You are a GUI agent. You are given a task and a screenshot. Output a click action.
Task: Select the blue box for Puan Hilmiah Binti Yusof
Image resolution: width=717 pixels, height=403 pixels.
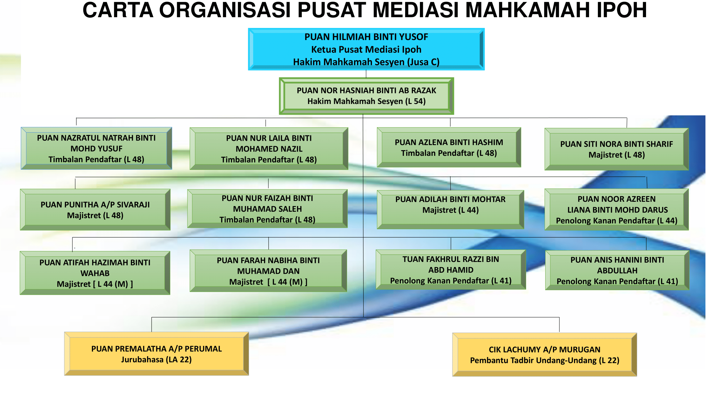(x=366, y=49)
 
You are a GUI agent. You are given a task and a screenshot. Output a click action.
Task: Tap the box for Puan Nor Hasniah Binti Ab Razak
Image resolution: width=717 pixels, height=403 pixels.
(x=366, y=96)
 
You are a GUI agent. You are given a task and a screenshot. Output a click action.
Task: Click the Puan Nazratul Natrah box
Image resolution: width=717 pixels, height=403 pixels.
(x=96, y=149)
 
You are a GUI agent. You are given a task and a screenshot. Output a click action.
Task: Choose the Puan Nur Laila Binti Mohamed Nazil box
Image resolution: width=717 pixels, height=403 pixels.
(x=269, y=149)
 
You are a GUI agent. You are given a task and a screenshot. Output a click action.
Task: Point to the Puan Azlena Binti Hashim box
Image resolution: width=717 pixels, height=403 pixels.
(x=449, y=147)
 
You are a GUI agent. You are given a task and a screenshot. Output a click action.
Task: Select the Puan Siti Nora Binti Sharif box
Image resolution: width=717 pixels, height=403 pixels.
(x=616, y=149)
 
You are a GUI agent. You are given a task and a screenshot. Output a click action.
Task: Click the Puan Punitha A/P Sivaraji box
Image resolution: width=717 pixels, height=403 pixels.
(x=95, y=210)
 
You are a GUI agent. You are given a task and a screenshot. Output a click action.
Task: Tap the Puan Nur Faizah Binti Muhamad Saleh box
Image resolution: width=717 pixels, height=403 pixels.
(x=267, y=209)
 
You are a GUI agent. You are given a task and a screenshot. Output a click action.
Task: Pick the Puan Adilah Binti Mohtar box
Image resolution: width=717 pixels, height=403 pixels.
(x=450, y=210)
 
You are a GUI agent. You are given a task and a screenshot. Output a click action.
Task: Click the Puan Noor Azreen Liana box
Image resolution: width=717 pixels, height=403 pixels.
(x=616, y=210)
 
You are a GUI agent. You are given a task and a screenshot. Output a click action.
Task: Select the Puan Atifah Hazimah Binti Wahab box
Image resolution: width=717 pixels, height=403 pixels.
(x=95, y=273)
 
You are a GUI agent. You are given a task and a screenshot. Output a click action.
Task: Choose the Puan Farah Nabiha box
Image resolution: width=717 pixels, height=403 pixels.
(x=268, y=271)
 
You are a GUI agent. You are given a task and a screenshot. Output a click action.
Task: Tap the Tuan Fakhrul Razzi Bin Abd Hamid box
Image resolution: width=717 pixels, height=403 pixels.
(x=451, y=270)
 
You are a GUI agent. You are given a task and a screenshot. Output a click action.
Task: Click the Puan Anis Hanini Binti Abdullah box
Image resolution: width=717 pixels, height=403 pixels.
(x=617, y=270)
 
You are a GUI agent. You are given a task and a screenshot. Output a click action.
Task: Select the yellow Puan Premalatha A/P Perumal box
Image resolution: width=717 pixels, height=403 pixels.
(x=156, y=354)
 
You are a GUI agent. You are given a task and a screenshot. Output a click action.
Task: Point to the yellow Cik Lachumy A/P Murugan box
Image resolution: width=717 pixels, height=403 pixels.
(x=545, y=355)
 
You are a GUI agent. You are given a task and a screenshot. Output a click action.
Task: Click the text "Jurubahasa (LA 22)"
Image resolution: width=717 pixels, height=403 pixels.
(x=156, y=360)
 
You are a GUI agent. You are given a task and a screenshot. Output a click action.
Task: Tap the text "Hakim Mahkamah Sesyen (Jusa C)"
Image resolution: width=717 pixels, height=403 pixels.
(x=366, y=62)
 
